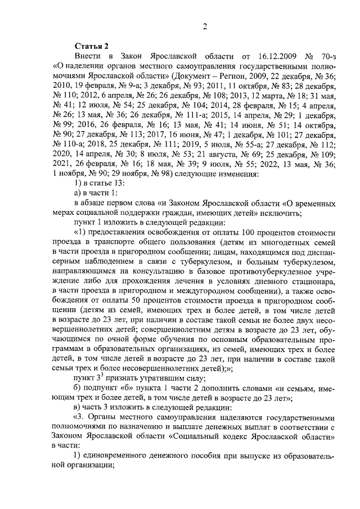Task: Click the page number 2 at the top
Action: point(205,26)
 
